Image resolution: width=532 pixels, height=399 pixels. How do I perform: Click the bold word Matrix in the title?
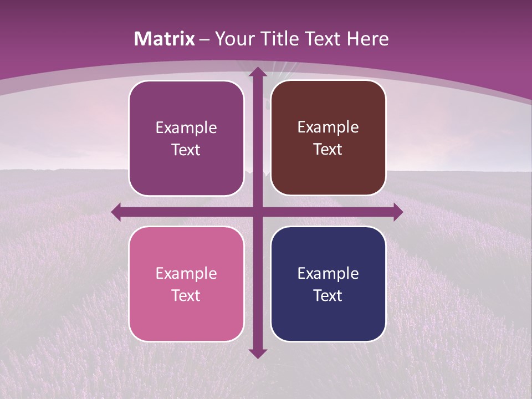tap(165, 39)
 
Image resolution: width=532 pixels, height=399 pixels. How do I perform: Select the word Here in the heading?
tap(367, 39)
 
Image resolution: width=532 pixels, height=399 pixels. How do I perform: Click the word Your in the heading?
tap(233, 39)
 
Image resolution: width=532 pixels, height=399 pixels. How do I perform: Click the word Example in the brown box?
tap(328, 127)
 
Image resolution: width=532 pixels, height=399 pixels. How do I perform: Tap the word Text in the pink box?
tap(186, 295)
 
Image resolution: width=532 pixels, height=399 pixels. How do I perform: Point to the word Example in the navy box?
tap(328, 273)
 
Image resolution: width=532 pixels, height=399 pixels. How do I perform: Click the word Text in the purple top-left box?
tap(186, 150)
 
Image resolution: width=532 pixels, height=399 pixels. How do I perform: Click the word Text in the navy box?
tap(328, 295)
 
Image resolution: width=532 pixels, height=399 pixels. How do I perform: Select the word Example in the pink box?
tap(186, 273)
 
